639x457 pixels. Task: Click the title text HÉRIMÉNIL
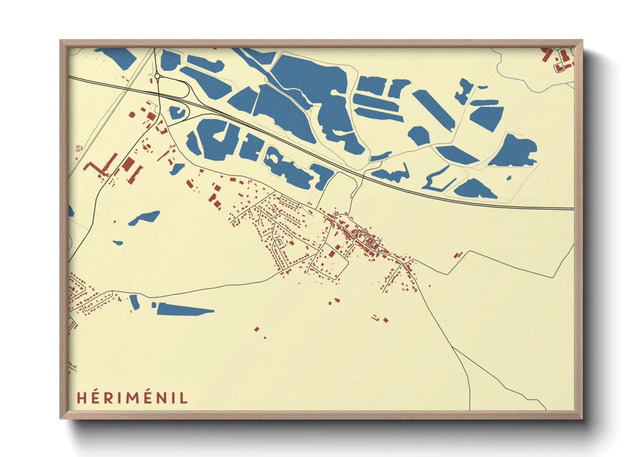pos(132,398)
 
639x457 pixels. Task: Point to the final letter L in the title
pos(184,398)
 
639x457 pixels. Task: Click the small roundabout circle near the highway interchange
pos(157,76)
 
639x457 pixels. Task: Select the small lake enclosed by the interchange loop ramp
pos(177,112)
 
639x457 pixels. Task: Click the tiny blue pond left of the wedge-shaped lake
pos(154,305)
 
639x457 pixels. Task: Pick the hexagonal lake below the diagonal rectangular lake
pos(418,136)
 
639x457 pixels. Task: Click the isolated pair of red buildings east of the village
pos(458,255)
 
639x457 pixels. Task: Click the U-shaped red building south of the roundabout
pos(161,128)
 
